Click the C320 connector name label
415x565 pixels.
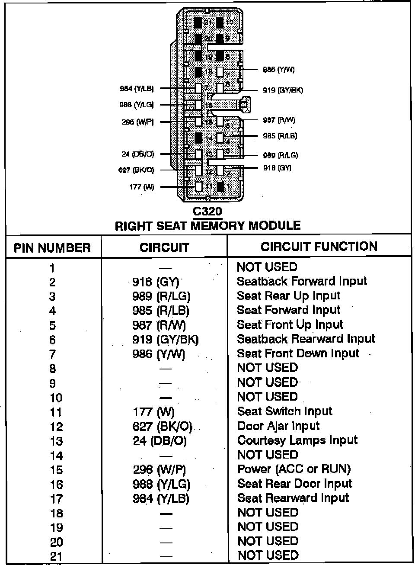click(207, 212)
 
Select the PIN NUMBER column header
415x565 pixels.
click(52, 248)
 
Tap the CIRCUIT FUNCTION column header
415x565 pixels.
click(319, 247)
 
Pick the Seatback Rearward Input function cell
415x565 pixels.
click(306, 339)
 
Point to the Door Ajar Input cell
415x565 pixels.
click(278, 426)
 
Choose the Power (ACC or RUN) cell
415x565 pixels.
click(294, 469)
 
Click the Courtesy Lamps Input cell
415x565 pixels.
click(297, 440)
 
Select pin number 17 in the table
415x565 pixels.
click(56, 499)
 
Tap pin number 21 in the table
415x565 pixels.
click(56, 556)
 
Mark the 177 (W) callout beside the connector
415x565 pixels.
click(142, 187)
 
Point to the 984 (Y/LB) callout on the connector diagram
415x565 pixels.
click(137, 89)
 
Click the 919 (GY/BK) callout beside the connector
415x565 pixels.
click(283, 90)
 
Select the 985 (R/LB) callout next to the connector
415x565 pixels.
click(280, 136)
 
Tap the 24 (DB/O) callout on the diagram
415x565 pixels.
click(137, 154)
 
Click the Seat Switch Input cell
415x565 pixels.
click(284, 411)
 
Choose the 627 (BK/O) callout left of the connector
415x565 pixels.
click(136, 170)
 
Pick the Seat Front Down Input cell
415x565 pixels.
click(298, 353)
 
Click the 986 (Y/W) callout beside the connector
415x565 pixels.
click(278, 70)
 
